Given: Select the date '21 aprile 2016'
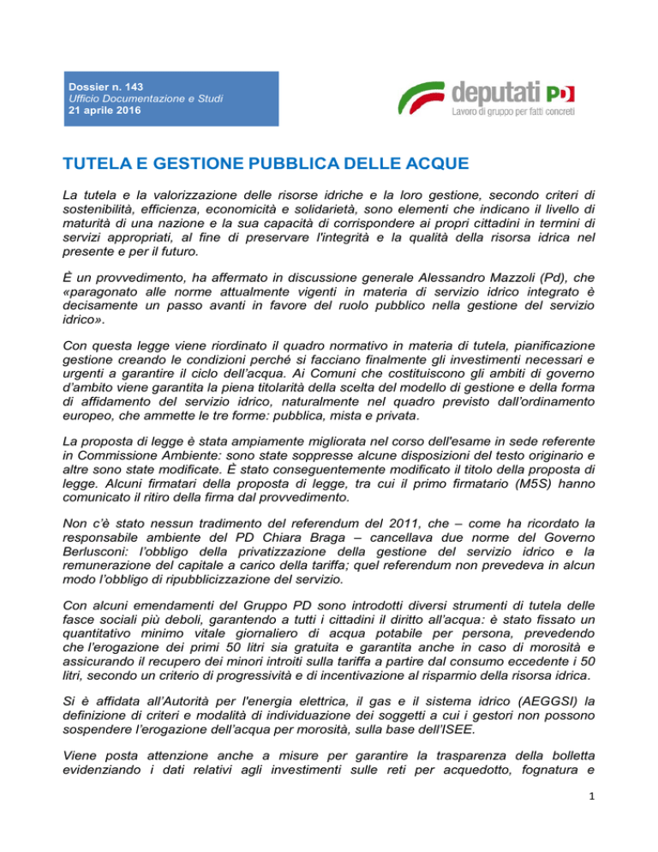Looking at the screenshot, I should (x=105, y=111).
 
